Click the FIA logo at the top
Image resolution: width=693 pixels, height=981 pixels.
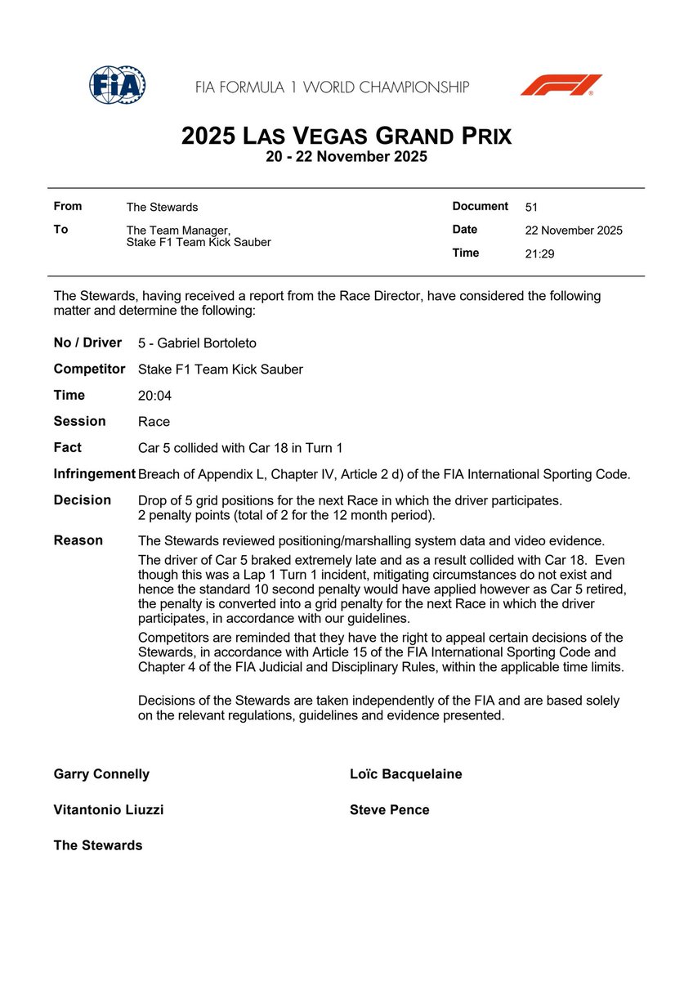coord(118,85)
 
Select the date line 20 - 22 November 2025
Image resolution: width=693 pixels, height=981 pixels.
coord(346,157)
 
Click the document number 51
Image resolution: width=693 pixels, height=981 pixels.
coord(531,208)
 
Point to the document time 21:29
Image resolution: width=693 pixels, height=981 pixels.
coord(540,254)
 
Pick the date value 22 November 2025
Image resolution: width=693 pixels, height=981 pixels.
coord(573,231)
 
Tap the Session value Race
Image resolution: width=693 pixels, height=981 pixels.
coord(154,422)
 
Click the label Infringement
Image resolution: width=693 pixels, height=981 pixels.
coord(94,474)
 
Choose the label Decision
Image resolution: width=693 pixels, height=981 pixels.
coord(82,500)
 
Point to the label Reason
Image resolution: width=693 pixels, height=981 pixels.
coord(78,540)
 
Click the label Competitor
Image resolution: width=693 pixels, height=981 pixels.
coord(89,370)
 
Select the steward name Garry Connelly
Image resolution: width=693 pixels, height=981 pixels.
coord(101,774)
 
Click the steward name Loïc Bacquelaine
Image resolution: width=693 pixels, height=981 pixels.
coord(405,774)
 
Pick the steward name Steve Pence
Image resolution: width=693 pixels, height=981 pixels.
coord(389,810)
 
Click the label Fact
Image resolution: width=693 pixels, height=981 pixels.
coord(67,448)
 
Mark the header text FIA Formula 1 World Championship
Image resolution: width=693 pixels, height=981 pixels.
coord(332,87)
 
